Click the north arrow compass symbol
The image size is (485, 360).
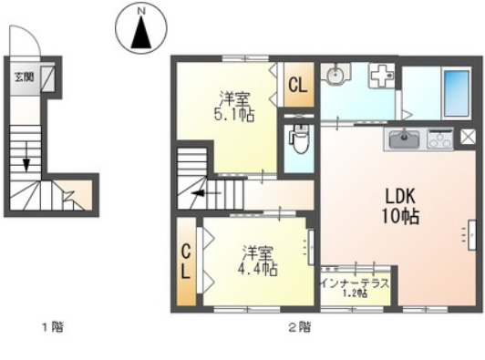[x=141, y=34]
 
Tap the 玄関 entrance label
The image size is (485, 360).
[x=24, y=77]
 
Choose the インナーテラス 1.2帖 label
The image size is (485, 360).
[x=355, y=287]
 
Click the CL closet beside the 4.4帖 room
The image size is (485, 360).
[x=184, y=260]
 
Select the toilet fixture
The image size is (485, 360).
[x=296, y=141]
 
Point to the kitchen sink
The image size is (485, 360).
[x=403, y=140]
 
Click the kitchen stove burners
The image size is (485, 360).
[x=439, y=140]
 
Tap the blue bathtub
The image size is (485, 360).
[x=453, y=90]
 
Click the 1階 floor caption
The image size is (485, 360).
[x=52, y=325]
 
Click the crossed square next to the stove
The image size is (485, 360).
[x=468, y=137]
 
